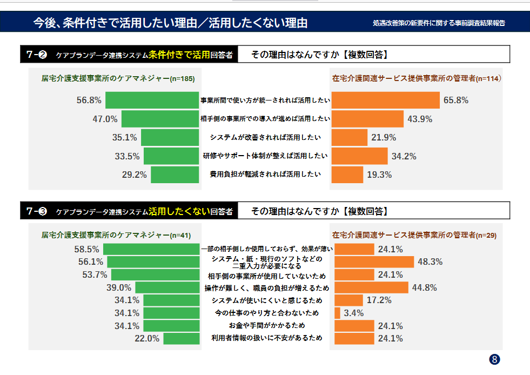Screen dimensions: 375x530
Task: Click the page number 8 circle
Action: (494, 359)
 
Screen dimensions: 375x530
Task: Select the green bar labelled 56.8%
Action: (152, 100)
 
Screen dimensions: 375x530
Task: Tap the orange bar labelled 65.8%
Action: (385, 100)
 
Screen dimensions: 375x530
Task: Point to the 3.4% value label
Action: (354, 313)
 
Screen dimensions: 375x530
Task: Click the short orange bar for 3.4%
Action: (338, 313)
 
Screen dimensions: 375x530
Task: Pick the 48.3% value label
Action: (431, 262)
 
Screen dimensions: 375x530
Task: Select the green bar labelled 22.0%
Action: (182, 339)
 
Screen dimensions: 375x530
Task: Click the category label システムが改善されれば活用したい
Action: (265, 137)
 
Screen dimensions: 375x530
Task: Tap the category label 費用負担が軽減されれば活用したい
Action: (265, 175)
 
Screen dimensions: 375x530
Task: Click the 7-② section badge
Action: (37, 54)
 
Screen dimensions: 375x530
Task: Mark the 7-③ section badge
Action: (37, 211)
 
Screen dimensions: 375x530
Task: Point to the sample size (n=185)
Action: (182, 79)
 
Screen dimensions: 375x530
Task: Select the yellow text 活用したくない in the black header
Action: (179, 211)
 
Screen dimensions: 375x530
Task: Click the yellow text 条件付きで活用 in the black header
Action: (179, 54)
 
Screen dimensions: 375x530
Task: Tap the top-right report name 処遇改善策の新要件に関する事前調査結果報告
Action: (439, 23)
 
